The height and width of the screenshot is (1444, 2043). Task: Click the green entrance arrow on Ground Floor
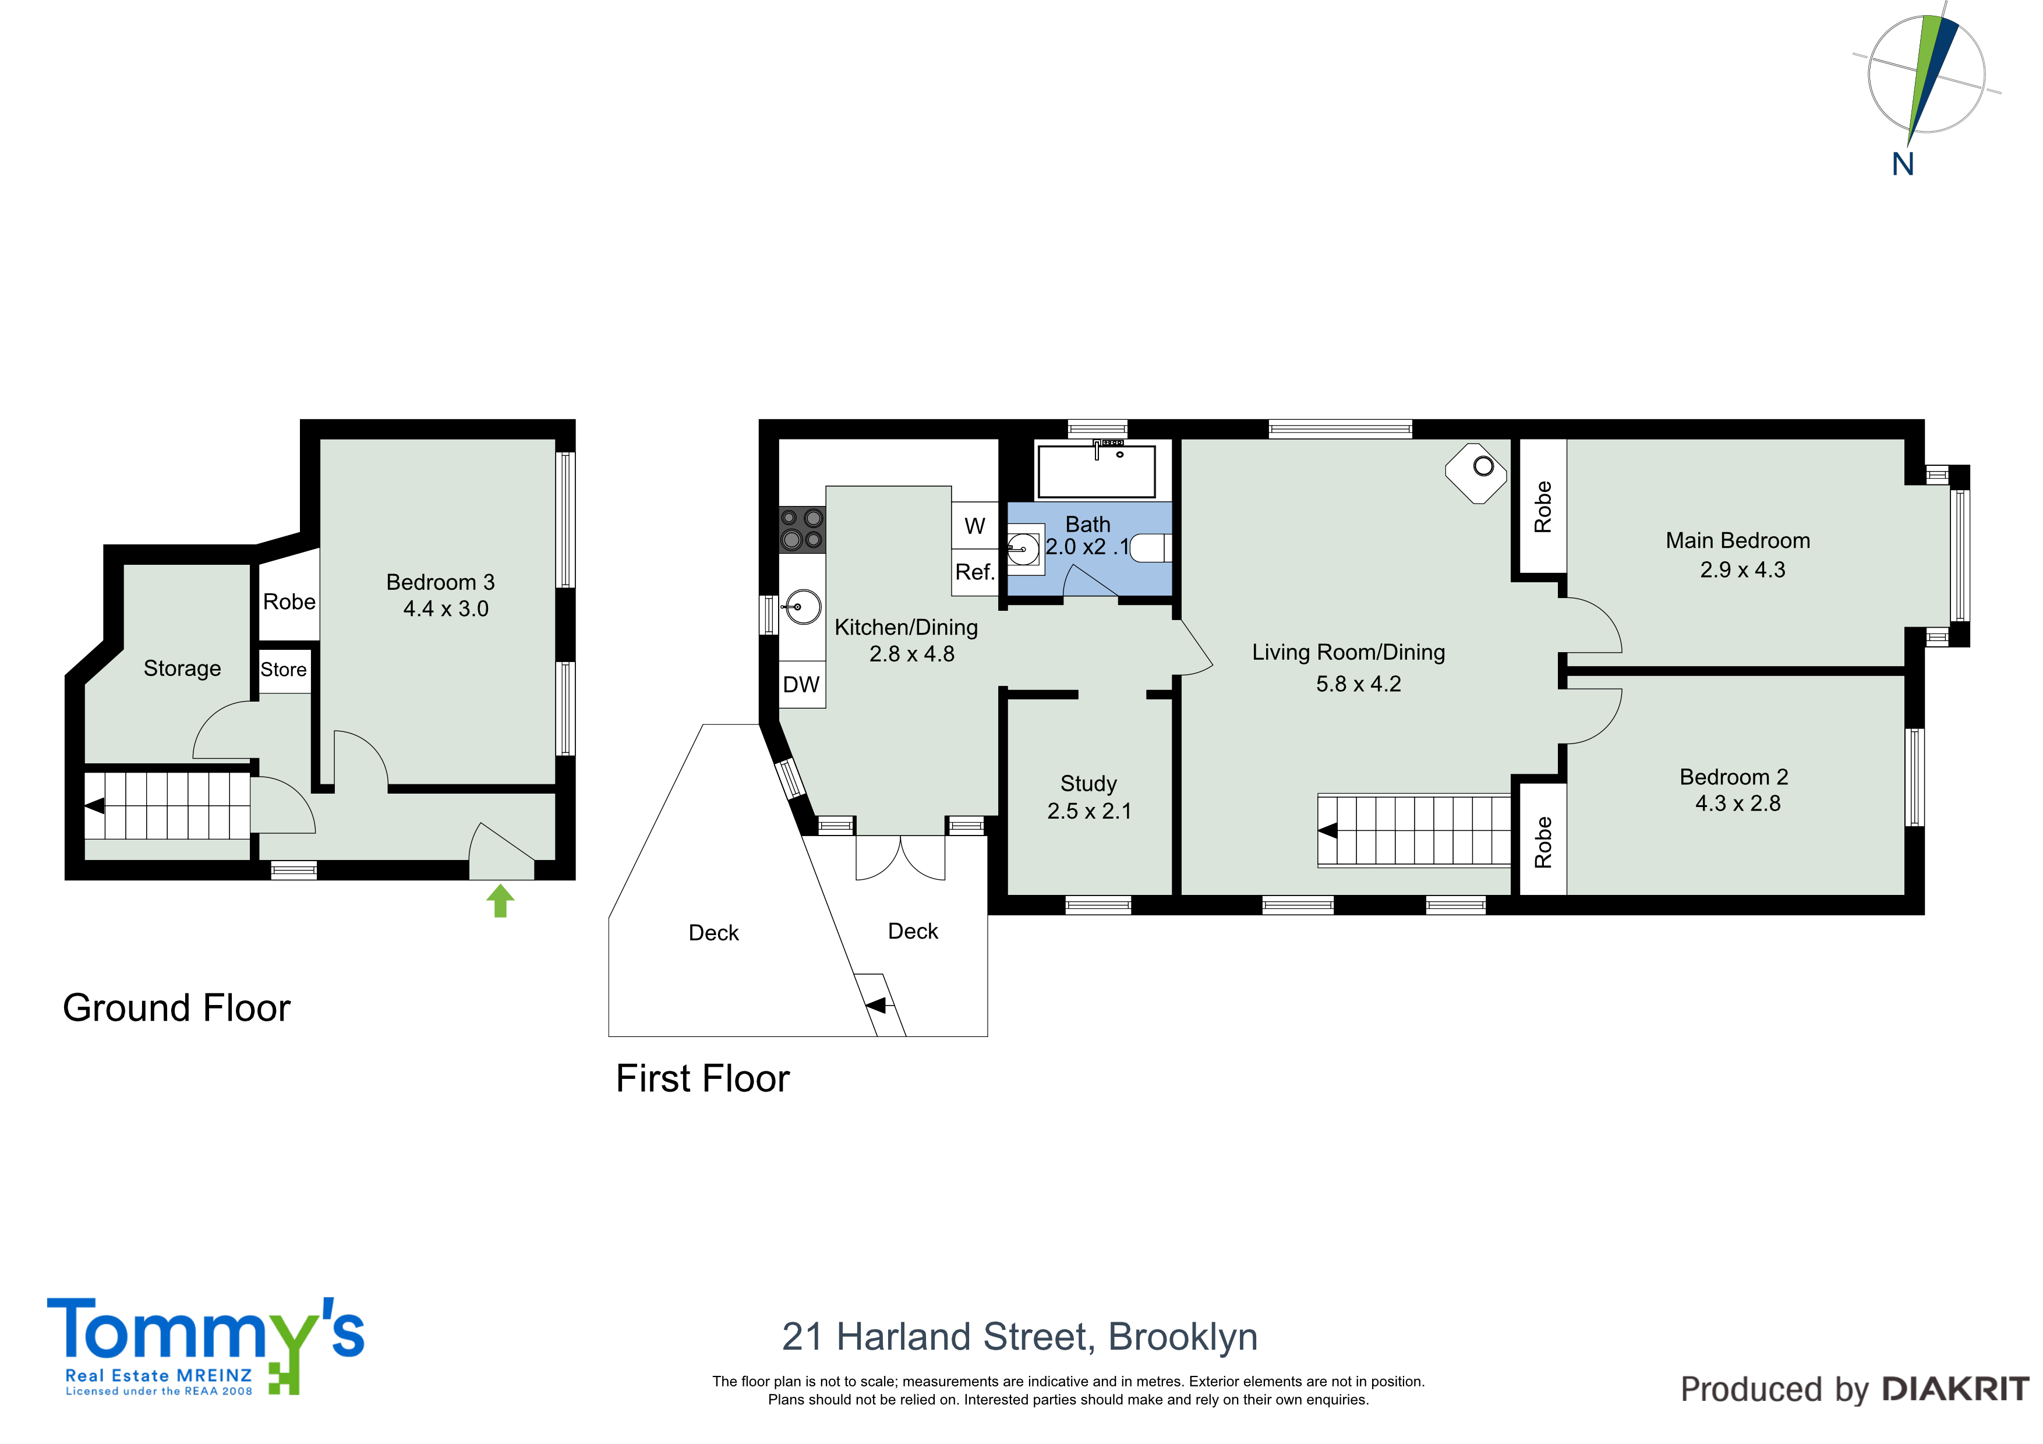pos(501,900)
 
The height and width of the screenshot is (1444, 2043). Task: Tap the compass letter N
pos(1903,165)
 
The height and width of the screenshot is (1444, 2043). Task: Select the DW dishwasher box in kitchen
pos(802,684)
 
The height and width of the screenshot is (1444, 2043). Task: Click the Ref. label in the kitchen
pos(974,572)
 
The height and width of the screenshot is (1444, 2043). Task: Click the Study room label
pos(1088,784)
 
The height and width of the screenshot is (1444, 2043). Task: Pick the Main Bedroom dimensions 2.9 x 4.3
pos(1742,569)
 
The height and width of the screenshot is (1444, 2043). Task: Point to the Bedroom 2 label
pos(1733,777)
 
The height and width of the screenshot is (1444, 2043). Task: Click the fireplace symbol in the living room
pos(1476,473)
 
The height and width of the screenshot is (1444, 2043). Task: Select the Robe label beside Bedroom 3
pos(289,602)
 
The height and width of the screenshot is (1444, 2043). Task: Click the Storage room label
pos(182,669)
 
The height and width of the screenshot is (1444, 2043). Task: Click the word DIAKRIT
pos(1956,1389)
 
